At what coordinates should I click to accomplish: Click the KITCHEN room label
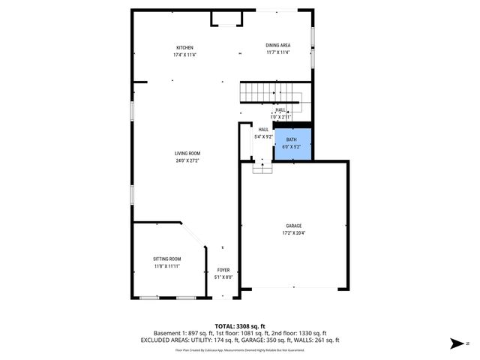(184, 47)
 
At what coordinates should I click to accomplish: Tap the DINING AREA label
(277, 46)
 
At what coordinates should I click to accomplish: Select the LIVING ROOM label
(187, 154)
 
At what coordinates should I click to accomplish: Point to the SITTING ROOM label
(167, 259)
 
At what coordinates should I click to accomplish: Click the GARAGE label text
(293, 226)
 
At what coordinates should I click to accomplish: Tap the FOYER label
(223, 270)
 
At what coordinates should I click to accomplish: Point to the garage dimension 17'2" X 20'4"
(293, 233)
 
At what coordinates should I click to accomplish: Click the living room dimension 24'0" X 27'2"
(187, 160)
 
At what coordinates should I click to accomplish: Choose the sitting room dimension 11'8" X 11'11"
(167, 266)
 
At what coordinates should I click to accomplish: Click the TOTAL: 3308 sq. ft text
(240, 325)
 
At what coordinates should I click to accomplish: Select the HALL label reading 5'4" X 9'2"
(263, 136)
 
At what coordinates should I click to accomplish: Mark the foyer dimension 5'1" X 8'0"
(223, 277)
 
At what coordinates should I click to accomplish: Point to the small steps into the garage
(262, 169)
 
